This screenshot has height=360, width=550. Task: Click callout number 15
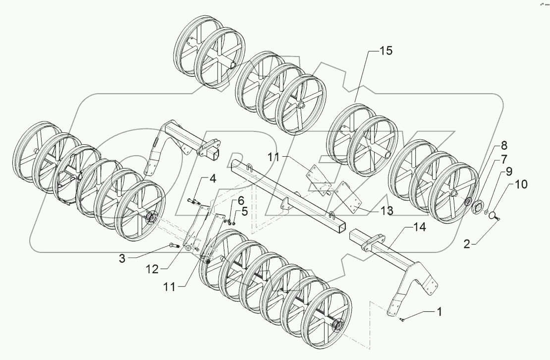386,51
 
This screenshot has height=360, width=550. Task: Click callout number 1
439,312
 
